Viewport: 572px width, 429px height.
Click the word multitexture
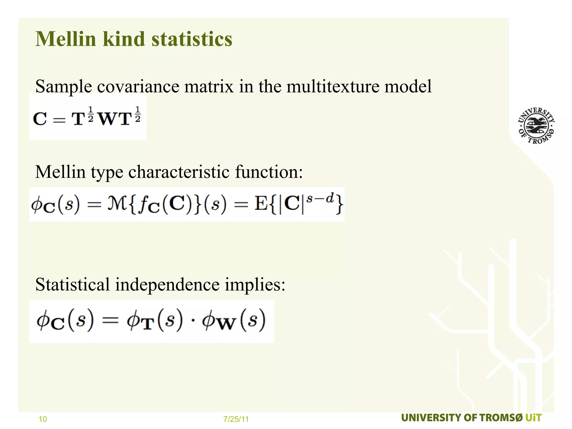332,86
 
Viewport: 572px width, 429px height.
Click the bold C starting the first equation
40,119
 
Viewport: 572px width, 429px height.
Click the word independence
167,285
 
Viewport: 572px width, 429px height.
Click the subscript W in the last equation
227,325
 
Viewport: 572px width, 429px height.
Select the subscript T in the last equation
148,325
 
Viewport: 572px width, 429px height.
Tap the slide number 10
43,419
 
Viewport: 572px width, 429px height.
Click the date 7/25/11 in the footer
236,419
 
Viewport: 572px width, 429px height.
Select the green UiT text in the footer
533,418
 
